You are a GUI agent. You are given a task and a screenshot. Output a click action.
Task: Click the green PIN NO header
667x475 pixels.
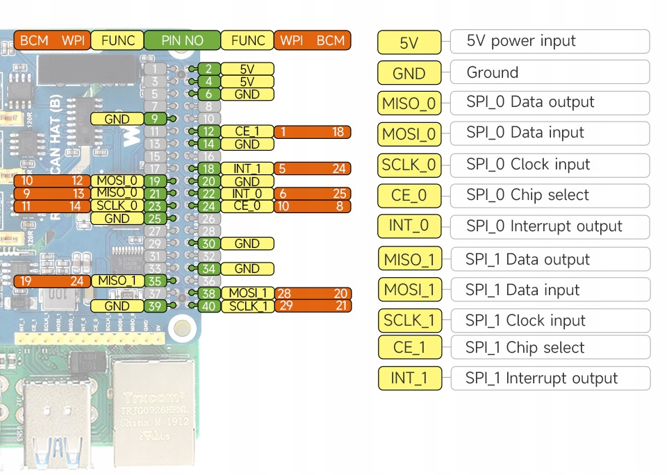pos(182,40)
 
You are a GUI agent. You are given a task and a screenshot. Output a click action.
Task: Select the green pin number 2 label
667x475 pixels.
pos(208,69)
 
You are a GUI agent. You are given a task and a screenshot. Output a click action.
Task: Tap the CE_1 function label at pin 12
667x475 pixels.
pos(247,132)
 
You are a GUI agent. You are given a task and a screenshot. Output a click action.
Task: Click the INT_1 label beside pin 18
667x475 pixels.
pos(247,169)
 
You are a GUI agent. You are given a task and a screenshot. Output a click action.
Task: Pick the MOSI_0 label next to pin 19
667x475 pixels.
pos(117,181)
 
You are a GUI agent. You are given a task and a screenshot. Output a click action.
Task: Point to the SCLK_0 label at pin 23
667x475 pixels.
pos(117,206)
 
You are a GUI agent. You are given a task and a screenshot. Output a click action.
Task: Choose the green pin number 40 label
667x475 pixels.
pos(208,306)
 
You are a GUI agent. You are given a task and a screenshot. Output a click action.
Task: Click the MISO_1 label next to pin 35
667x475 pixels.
pos(117,281)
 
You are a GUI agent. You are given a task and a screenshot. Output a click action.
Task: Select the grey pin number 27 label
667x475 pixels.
pos(155,231)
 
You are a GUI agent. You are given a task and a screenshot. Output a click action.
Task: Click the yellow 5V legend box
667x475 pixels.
pos(409,42)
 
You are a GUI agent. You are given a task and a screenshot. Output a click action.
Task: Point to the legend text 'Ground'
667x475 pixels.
pos(493,72)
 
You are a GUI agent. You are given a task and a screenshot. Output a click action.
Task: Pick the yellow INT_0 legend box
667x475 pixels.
pos(409,226)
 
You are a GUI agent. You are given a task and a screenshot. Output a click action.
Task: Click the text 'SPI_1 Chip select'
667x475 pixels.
pos(525,348)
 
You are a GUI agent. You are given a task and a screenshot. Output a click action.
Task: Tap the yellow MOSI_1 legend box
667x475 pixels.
pos(409,290)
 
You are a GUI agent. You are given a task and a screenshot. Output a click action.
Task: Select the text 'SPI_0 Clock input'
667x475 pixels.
pos(528,165)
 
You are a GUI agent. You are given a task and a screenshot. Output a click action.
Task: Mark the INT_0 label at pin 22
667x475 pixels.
pos(247,194)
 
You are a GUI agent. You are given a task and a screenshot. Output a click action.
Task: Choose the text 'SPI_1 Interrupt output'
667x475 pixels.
pos(541,378)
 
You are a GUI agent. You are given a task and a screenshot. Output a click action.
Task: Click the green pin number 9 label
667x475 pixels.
pos(155,119)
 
